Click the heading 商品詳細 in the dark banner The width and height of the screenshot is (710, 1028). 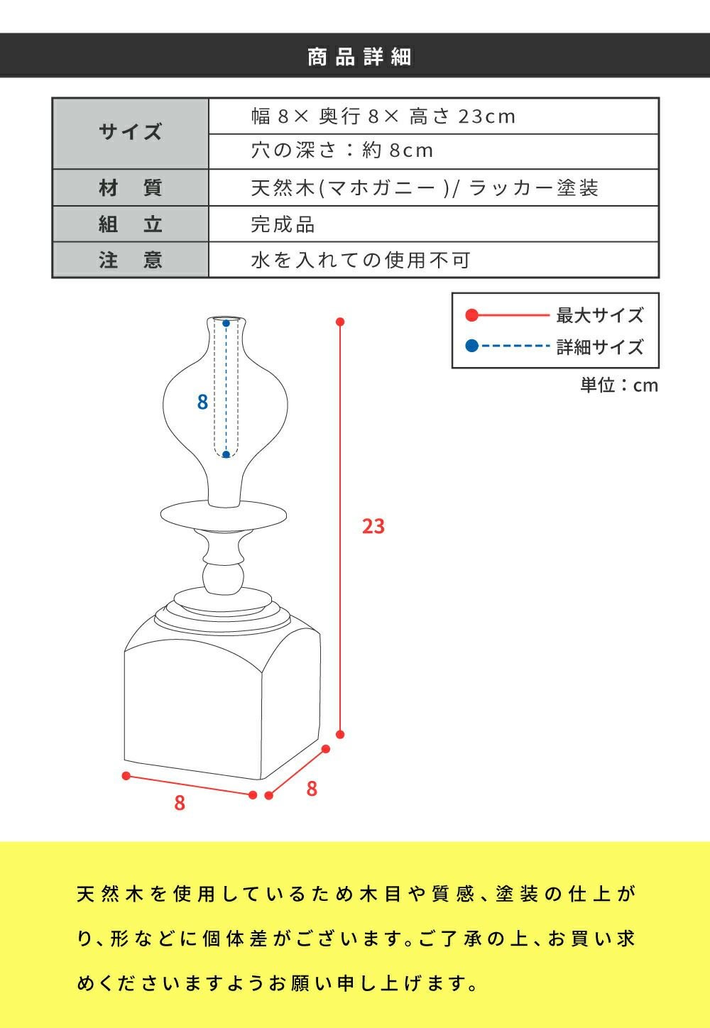pos(359,57)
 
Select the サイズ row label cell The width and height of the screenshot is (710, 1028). pos(131,133)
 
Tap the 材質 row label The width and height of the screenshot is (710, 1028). pos(131,187)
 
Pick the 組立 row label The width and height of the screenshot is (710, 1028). pos(131,224)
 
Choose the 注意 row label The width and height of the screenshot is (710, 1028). pos(131,260)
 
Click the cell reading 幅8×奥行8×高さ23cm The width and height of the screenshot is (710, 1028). pos(434,116)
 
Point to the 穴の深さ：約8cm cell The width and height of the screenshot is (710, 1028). pos(434,151)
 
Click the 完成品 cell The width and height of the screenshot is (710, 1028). pos(434,224)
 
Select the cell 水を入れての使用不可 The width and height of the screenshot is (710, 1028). pos(434,260)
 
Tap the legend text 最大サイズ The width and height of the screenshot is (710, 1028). pos(600,315)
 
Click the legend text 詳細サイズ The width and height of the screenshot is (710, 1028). pos(600,347)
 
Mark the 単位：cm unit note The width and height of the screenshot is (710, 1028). pos(619,385)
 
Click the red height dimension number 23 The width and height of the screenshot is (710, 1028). pos(373,526)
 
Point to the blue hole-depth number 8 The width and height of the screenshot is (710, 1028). pos(202,402)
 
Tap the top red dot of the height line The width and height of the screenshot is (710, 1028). pos(340,322)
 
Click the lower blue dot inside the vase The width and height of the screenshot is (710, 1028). pos(226,454)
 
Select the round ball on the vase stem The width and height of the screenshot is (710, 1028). pos(224,579)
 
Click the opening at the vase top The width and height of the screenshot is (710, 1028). pos(226,319)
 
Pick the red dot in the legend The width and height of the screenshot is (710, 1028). pos(472,315)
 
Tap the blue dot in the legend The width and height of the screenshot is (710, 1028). pos(472,346)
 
